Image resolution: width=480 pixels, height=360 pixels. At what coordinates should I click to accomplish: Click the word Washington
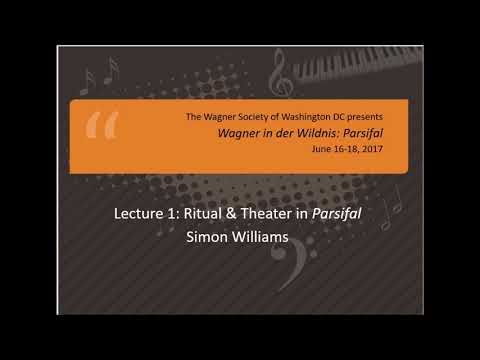301,118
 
